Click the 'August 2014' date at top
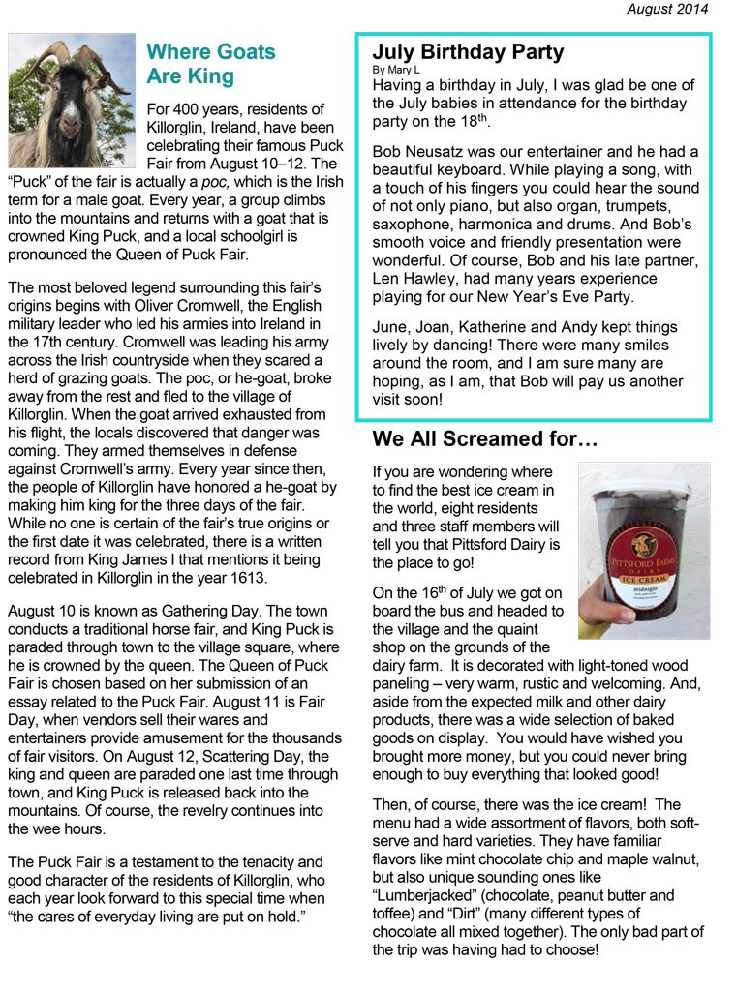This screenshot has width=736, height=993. (667, 10)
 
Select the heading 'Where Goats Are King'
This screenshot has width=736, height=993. (211, 64)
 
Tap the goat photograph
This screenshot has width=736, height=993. (72, 100)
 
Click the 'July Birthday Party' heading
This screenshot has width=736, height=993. (468, 52)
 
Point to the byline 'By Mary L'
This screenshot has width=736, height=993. (397, 70)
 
